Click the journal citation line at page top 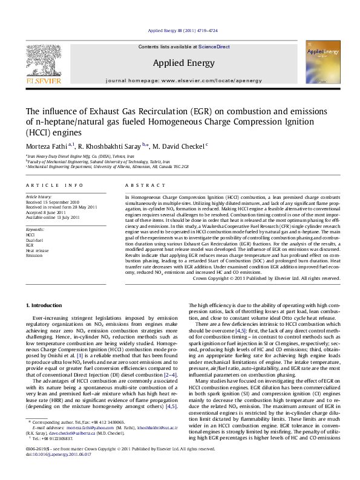tap(179, 30)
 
